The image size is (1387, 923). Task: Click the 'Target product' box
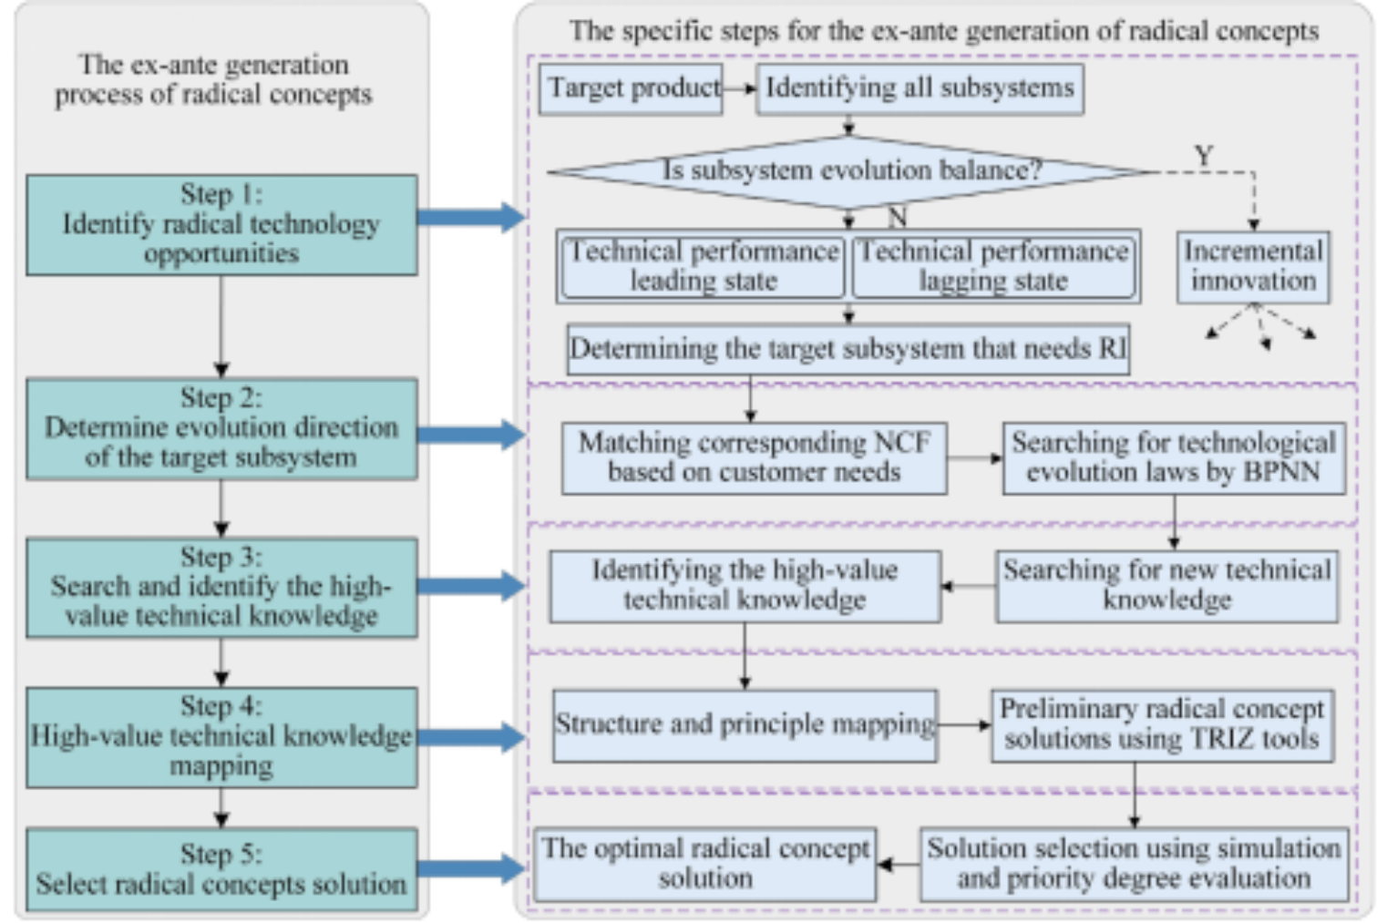(x=631, y=88)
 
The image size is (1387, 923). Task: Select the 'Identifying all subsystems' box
(x=920, y=88)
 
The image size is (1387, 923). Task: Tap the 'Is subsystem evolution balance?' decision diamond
(x=850, y=170)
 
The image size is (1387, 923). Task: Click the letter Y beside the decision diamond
(x=1204, y=156)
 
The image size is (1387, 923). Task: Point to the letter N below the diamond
(x=897, y=217)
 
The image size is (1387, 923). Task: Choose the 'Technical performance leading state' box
(x=702, y=265)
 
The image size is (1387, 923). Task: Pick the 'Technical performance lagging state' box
(x=994, y=265)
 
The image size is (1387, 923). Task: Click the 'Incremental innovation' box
(x=1253, y=266)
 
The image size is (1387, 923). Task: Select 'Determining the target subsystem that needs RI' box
(x=848, y=349)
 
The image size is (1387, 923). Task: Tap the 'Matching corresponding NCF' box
(x=754, y=457)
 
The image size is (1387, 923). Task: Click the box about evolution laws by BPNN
(x=1173, y=457)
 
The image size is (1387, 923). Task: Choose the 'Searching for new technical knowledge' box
(x=1166, y=585)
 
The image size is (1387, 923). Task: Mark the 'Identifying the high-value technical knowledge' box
(x=745, y=585)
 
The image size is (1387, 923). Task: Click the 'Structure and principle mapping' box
(x=745, y=724)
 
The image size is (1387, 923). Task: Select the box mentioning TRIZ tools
(x=1162, y=724)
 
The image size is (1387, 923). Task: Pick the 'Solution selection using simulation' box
(x=1134, y=863)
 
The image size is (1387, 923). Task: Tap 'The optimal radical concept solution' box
(x=705, y=863)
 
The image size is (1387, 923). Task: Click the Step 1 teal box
(x=221, y=224)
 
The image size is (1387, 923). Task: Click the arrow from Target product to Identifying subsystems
(x=740, y=88)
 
